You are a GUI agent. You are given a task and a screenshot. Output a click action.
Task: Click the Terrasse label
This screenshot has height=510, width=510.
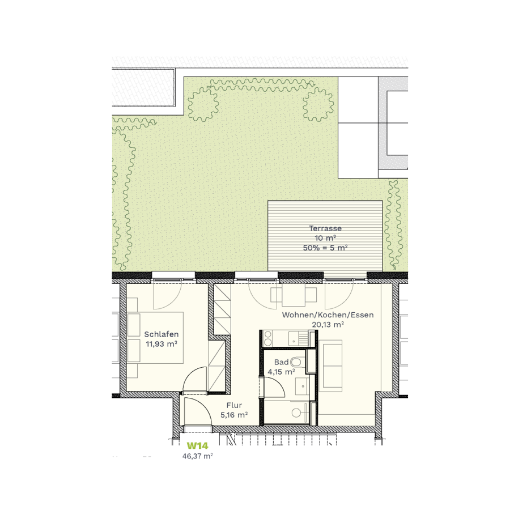point(325,228)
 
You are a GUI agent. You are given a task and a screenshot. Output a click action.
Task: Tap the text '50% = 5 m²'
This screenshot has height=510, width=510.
point(325,248)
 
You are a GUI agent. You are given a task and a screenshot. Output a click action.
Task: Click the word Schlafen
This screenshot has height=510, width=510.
point(161,334)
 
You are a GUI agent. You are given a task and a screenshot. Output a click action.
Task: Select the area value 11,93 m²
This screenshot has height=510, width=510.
point(161,344)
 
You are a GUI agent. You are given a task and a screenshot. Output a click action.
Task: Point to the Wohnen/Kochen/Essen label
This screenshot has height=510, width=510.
point(328,315)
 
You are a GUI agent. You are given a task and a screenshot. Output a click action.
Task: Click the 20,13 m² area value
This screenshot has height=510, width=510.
point(328,325)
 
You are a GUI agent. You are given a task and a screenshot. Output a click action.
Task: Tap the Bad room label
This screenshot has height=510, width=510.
point(281,362)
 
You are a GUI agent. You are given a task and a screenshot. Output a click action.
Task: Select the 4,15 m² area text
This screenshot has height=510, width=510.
point(281,372)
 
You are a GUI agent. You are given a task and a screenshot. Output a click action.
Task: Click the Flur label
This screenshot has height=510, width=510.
point(234,405)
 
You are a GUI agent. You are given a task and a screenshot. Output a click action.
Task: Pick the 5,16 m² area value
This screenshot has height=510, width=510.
point(234,415)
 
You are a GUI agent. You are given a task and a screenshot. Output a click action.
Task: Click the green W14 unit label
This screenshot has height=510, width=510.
point(197,445)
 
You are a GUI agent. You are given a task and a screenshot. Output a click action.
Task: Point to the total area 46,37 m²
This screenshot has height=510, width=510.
point(197,456)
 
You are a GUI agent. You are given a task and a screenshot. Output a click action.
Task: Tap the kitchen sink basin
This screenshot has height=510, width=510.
point(294,339)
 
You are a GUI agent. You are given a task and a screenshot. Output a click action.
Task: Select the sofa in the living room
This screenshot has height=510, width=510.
point(330,365)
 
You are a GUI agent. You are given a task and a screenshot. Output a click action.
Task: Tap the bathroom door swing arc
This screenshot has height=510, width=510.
point(275,388)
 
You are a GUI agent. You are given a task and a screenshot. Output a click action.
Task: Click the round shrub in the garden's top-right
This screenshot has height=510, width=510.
point(318,104)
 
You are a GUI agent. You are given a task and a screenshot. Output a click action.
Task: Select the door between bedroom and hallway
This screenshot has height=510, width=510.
point(195,379)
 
